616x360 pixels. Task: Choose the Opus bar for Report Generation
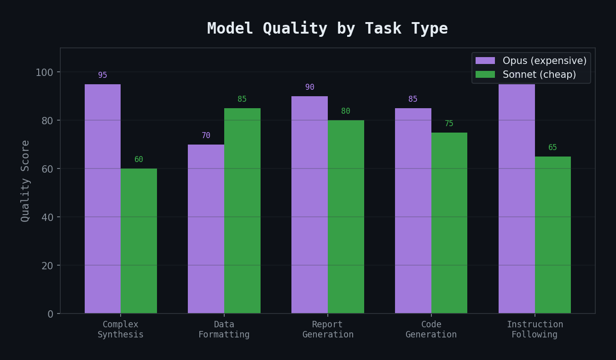pos(309,205)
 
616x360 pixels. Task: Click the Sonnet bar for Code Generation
pos(449,223)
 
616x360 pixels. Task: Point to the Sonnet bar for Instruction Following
pos(552,235)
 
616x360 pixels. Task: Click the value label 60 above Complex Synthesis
pos(139,160)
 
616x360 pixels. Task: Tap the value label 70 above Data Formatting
pos(206,136)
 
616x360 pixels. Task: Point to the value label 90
pos(309,87)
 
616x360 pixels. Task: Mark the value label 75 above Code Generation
pos(449,124)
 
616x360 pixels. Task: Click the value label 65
pos(552,148)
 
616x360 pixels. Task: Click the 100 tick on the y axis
pos(45,72)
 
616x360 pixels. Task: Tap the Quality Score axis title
pos(26,181)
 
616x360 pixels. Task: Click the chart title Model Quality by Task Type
pos(327,29)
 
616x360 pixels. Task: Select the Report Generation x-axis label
pos(328,330)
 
